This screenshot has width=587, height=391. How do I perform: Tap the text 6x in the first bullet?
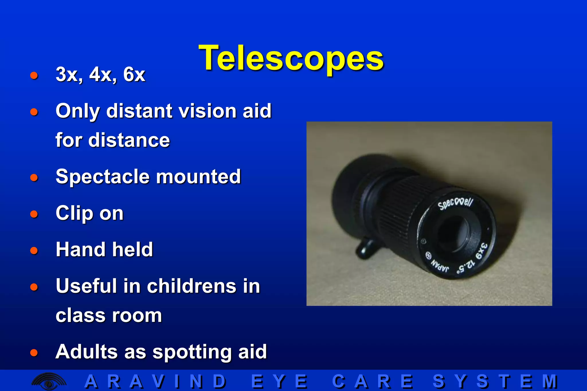click(x=134, y=74)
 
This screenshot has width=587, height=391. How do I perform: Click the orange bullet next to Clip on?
click(x=34, y=214)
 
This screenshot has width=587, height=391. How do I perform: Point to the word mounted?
click(x=198, y=177)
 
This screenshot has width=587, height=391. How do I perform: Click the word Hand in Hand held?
click(x=81, y=249)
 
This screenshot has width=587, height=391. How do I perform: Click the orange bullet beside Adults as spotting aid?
click(x=34, y=352)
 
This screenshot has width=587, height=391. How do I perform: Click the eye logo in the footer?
click(x=49, y=381)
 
